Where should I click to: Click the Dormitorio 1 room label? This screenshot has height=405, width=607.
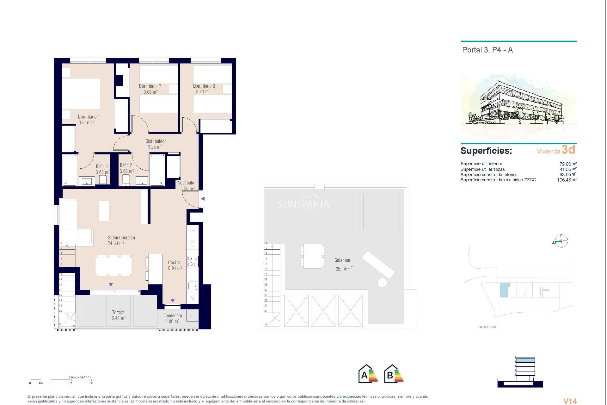tap(89, 117)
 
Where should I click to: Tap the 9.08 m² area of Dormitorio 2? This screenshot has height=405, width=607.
tap(150, 92)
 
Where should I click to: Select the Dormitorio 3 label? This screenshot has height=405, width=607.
tap(204, 86)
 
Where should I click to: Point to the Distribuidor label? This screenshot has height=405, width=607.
tap(156, 141)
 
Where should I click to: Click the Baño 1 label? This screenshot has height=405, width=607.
tap(102, 166)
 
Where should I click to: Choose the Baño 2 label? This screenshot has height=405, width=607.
tap(126, 165)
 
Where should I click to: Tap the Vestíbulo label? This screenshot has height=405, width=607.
tap(186, 183)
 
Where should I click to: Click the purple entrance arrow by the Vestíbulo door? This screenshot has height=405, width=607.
tap(203, 199)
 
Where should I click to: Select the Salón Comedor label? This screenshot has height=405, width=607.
tap(121, 238)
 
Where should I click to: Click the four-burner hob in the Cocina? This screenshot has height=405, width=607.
tap(193, 261)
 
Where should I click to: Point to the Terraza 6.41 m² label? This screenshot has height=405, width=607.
tap(118, 315)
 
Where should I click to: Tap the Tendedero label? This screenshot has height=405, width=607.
tap(173, 315)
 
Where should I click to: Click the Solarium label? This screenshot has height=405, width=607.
tap(342, 260)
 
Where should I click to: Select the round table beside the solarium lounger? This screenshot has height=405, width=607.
tap(382, 283)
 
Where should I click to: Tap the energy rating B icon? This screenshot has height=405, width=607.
tap(394, 374)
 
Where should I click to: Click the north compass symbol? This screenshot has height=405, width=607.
tap(561, 241)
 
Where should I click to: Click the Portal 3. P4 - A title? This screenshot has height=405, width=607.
tap(487, 50)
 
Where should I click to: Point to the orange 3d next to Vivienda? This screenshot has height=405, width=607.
tap(568, 150)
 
